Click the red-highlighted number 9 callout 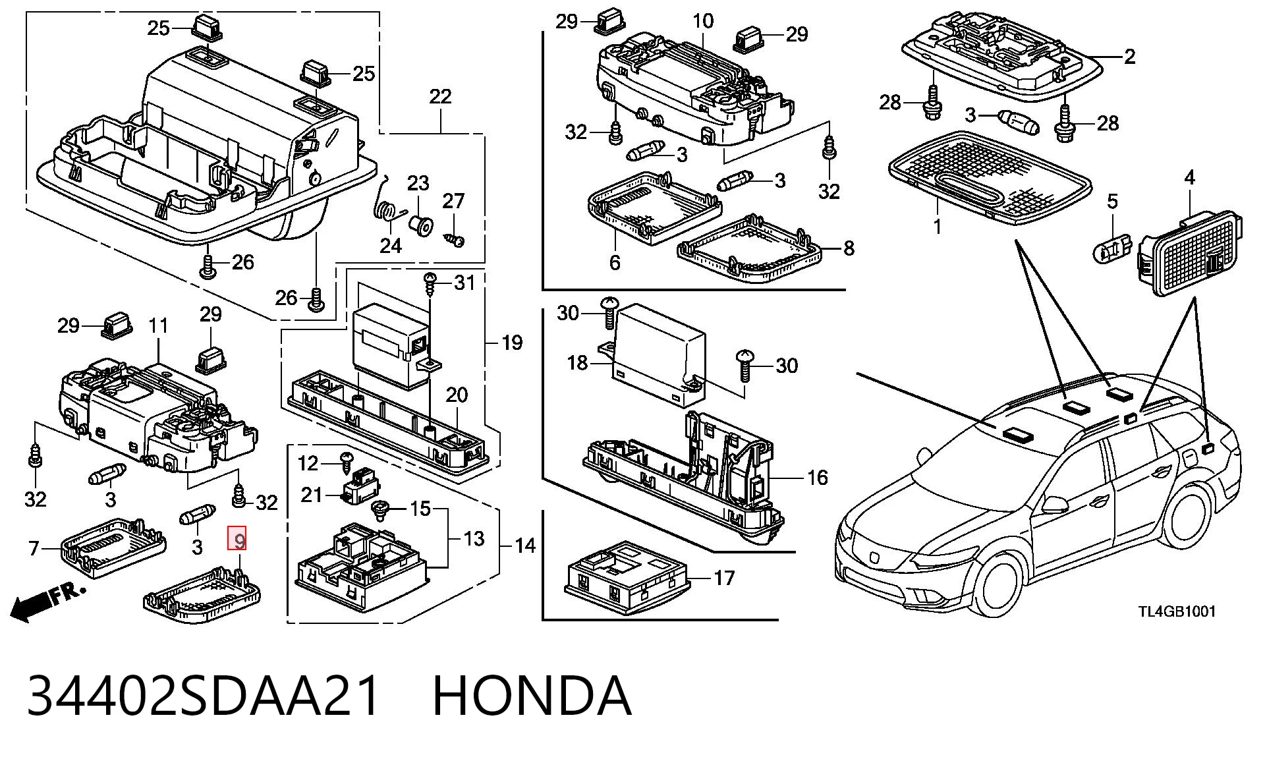point(237,539)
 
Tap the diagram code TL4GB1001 point(1177,611)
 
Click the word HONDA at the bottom point(532,696)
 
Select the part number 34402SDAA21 point(203,696)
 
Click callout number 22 point(440,97)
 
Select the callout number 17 point(724,578)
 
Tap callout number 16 point(817,478)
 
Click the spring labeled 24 point(390,201)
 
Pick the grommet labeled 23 point(420,226)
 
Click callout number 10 point(703,20)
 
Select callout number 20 point(457,395)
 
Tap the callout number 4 point(1189,177)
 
